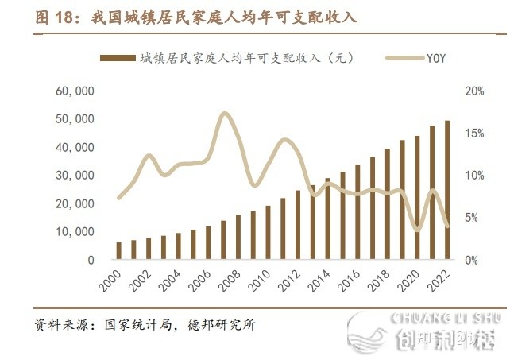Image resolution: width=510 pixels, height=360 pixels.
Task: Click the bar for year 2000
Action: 119,250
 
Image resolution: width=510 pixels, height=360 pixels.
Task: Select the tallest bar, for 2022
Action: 447,190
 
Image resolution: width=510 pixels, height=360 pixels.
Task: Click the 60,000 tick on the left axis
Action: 75,91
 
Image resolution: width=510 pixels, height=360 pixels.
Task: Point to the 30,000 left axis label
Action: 75,176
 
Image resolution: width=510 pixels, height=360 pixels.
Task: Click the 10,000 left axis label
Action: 75,232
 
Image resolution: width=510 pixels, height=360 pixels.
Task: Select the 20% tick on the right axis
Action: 474,91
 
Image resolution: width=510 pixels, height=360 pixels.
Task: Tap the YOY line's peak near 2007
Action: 224,114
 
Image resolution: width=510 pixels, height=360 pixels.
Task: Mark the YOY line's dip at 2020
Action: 418,230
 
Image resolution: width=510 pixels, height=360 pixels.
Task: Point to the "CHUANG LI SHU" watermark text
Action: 446,318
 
